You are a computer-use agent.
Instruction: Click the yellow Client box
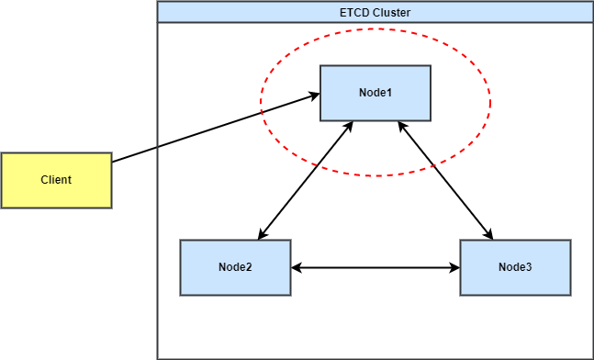[56, 180]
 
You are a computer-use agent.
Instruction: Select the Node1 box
[375, 94]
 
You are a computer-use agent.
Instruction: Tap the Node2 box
[235, 267]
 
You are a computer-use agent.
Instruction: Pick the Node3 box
[515, 267]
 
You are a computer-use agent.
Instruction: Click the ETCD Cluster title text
[375, 13]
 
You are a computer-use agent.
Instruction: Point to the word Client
[56, 180]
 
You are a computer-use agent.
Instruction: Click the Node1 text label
[375, 93]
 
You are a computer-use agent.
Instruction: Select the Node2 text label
[235, 266]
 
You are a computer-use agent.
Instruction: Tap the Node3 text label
[515, 266]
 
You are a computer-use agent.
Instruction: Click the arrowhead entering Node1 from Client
[314, 96]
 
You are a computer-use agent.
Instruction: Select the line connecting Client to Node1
[216, 128]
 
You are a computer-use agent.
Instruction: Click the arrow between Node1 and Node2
[306, 180]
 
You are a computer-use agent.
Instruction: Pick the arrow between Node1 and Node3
[445, 180]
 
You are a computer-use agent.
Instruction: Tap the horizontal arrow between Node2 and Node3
[375, 267]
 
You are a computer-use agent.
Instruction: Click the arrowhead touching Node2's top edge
[263, 234]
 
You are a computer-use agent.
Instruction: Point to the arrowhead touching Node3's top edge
[488, 234]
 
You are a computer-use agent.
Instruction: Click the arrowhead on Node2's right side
[297, 267]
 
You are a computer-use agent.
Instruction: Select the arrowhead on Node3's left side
[454, 267]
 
